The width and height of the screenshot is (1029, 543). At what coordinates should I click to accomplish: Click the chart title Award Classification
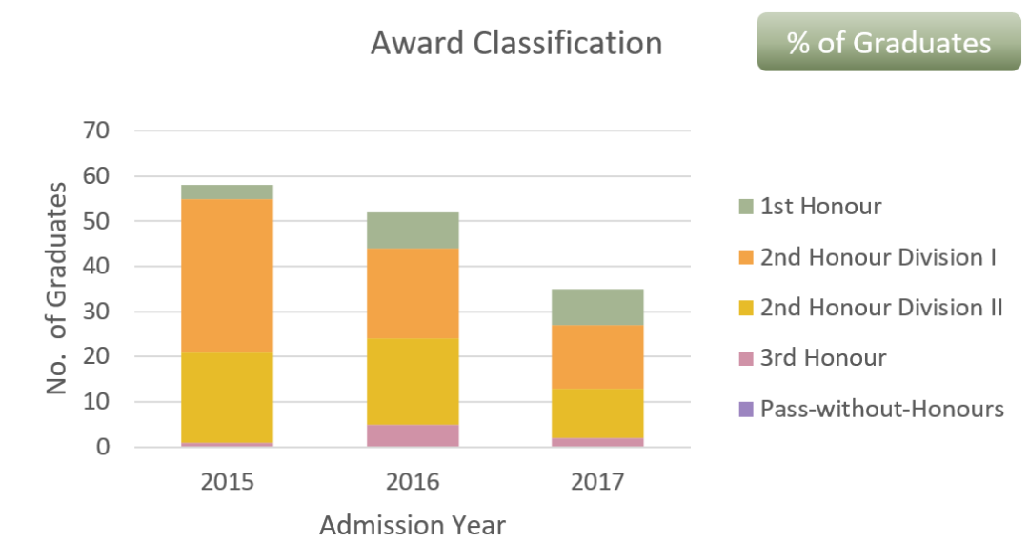click(515, 43)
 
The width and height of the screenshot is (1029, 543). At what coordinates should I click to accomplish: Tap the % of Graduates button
click(888, 43)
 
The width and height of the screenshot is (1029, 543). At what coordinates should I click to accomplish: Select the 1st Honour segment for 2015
click(227, 192)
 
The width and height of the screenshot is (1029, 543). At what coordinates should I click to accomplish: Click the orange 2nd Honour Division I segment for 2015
click(227, 276)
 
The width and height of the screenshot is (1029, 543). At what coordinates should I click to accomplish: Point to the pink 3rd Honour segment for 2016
click(413, 435)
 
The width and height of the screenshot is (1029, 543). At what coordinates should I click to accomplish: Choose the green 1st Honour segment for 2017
click(597, 307)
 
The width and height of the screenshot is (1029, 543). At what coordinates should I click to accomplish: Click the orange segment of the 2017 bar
click(597, 357)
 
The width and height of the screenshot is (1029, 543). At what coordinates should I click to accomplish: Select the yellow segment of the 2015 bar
click(227, 397)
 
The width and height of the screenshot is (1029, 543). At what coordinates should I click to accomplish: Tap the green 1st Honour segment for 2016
click(413, 231)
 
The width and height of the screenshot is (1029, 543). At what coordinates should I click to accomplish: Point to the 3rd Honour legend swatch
click(746, 358)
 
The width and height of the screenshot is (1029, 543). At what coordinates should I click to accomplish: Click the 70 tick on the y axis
click(98, 131)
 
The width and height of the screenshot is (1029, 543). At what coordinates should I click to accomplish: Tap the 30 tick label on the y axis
click(98, 312)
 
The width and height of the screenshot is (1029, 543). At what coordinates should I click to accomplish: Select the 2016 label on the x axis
click(413, 481)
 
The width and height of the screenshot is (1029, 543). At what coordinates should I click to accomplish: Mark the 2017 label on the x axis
click(597, 481)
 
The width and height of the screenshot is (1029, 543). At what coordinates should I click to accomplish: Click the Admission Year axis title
click(413, 525)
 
